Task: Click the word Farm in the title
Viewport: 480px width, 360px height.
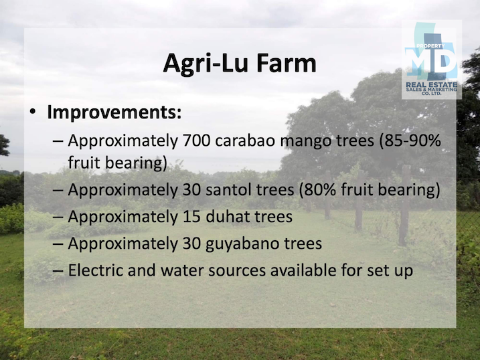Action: (x=286, y=63)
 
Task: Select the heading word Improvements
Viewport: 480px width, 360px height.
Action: (x=114, y=113)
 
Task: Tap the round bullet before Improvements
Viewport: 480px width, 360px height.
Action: (x=33, y=111)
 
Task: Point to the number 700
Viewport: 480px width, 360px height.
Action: (x=196, y=141)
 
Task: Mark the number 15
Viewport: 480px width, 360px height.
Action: (x=191, y=217)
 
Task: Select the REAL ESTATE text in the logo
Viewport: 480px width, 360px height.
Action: (x=431, y=84)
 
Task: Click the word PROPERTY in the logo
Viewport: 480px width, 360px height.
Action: (x=430, y=46)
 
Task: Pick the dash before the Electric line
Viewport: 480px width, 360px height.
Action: (x=58, y=271)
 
